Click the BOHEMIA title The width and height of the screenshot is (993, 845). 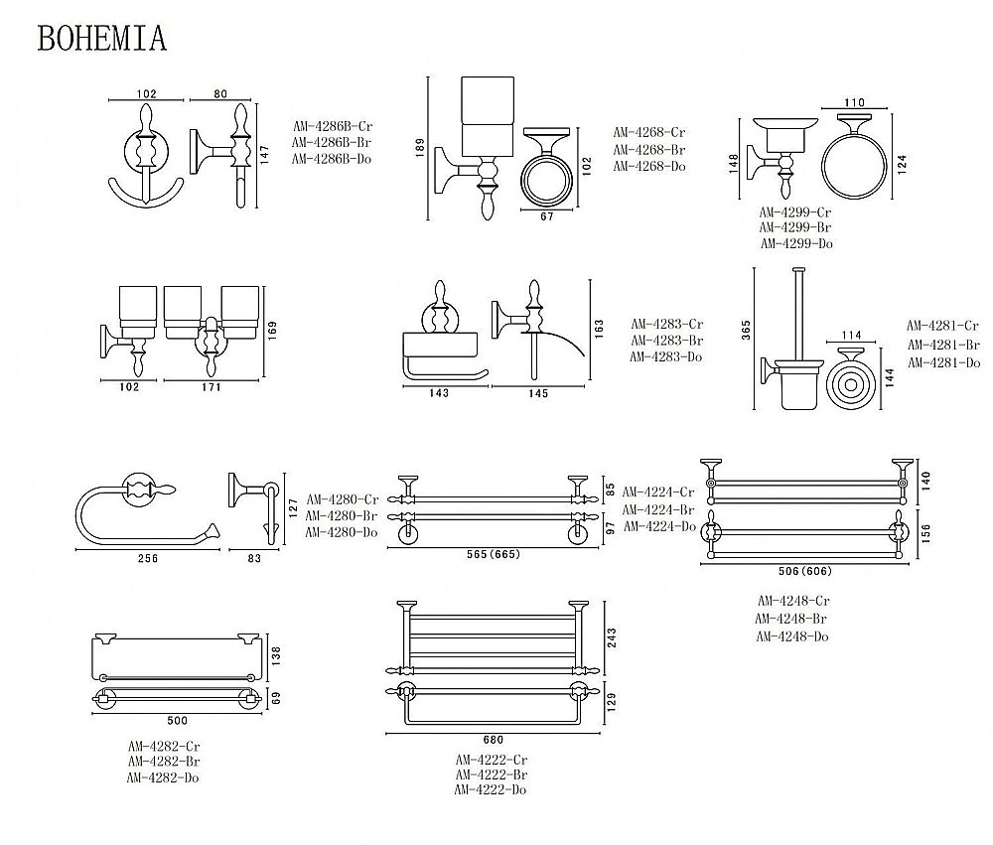[x=102, y=38]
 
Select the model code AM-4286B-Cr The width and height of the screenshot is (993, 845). [x=333, y=126]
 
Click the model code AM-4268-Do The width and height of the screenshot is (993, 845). [x=649, y=167]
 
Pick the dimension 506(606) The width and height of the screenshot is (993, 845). [x=806, y=572]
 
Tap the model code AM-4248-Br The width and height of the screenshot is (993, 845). [x=792, y=619]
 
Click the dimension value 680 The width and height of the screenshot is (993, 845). [x=494, y=740]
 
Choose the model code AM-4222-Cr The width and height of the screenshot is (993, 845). [x=491, y=760]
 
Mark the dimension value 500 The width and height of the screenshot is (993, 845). [x=177, y=720]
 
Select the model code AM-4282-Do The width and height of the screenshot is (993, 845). [x=164, y=777]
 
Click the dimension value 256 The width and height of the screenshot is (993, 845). [x=146, y=560]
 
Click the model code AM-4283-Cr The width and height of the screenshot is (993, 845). [x=667, y=324]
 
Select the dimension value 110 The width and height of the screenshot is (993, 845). [x=854, y=102]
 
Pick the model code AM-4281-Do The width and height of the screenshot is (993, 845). [x=942, y=362]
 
